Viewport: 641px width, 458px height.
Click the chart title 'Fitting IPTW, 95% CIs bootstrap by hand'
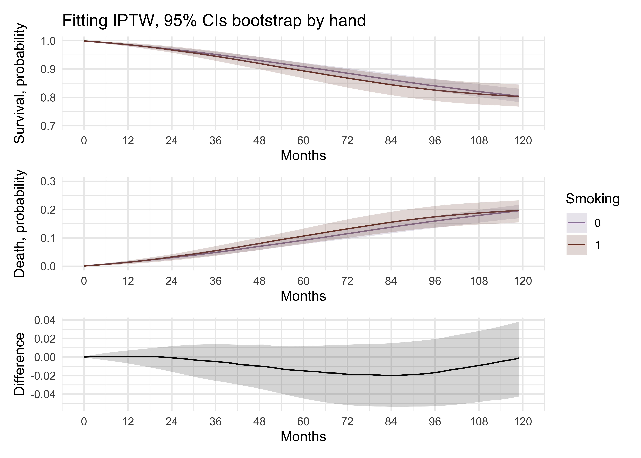pos(214,21)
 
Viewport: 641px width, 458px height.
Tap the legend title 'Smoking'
pos(592,199)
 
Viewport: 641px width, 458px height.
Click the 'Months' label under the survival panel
pos(303,156)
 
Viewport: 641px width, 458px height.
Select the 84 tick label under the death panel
pos(391,281)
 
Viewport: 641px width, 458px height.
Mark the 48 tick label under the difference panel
pos(259,422)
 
